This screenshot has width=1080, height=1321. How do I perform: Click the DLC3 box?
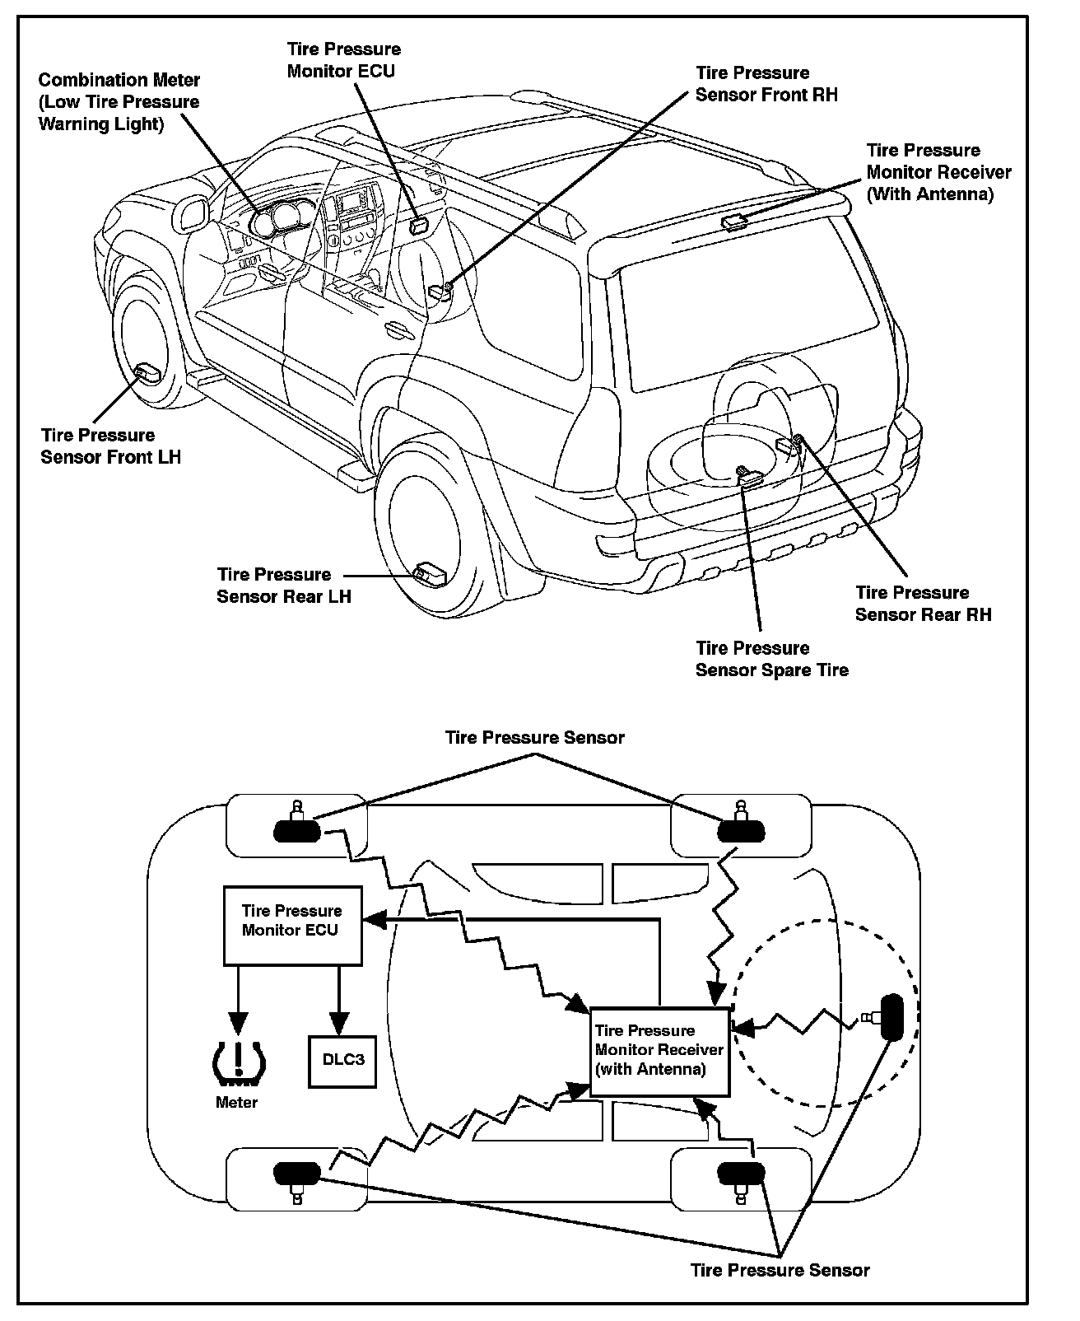coord(342,1059)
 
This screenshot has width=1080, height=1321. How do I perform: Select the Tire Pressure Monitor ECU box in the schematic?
coord(292,925)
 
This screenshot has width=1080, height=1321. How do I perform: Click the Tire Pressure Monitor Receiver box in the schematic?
coord(659,1051)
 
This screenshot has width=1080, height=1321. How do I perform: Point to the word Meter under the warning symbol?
coord(236,1103)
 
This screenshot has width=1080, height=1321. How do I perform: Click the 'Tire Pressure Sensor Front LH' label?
coord(110,446)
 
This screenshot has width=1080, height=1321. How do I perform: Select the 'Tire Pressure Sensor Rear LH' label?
coord(283,586)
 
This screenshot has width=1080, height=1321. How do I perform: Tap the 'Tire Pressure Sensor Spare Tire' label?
coord(771,659)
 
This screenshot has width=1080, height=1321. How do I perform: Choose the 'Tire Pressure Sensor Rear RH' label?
coord(923,604)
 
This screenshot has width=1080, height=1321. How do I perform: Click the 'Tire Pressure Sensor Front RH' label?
coord(766,84)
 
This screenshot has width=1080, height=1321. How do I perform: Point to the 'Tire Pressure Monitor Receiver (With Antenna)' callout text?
coord(938,172)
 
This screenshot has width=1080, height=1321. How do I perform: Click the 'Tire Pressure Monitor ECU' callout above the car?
coord(343,60)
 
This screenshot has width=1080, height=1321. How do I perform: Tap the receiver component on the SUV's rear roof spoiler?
coord(733,221)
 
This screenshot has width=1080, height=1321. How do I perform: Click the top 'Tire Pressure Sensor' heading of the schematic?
coord(534,737)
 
